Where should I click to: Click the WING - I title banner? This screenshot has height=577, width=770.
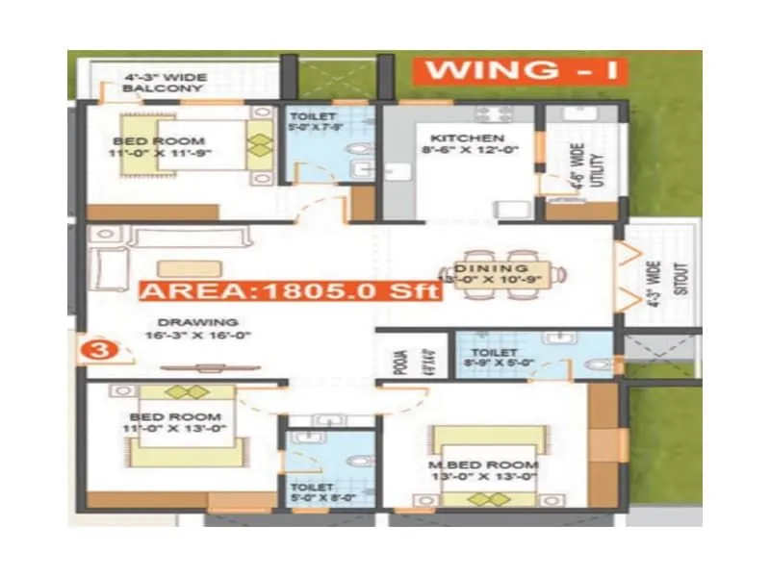pyautogui.click(x=519, y=70)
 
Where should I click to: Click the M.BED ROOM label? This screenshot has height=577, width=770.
pyautogui.click(x=483, y=465)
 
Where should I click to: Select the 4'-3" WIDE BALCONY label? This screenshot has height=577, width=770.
pyautogui.click(x=163, y=82)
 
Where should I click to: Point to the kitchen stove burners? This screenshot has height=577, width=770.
pyautogui.click(x=490, y=113)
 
